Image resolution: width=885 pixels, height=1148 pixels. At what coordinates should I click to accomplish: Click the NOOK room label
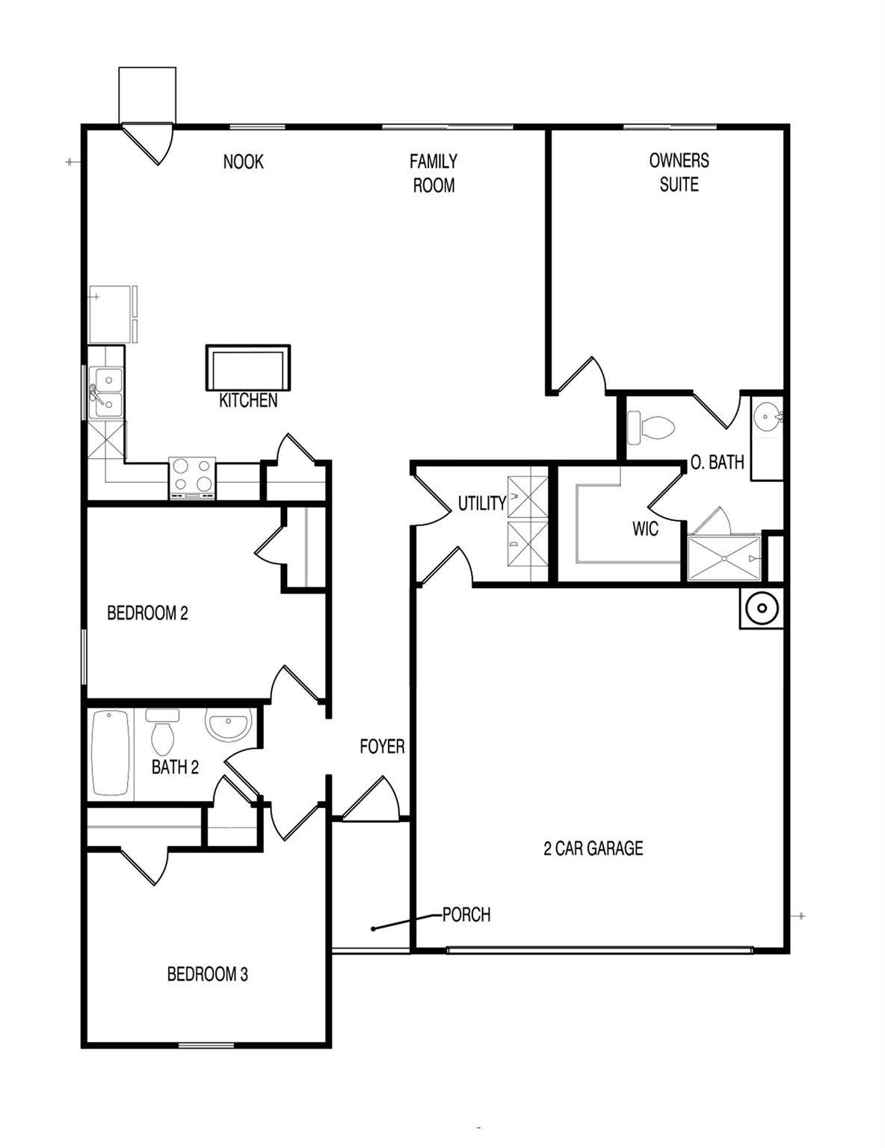(x=243, y=161)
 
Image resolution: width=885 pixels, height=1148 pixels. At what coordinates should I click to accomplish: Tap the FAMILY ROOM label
(x=434, y=173)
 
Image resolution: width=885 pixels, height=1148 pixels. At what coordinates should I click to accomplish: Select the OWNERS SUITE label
(x=679, y=172)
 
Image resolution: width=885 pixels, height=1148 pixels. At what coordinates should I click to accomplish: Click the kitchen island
(x=248, y=368)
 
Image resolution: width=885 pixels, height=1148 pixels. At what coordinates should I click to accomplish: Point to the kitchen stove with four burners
(x=192, y=478)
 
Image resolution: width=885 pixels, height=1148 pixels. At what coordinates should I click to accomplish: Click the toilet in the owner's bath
(x=651, y=428)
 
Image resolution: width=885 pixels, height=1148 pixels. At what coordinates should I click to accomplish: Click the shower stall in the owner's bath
(x=724, y=558)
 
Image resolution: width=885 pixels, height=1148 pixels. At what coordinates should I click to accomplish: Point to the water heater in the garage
(x=762, y=608)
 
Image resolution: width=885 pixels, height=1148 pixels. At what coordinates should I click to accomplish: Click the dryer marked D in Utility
(x=527, y=542)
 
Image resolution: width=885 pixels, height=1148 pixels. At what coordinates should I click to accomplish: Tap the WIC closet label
(x=645, y=528)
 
